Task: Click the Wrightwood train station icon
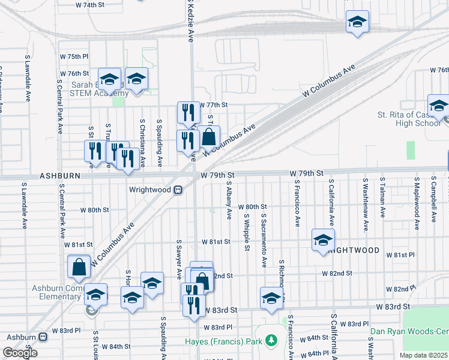pos(178,190)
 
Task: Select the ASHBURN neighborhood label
pos(59,177)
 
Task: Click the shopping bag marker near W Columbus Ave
pos(209,137)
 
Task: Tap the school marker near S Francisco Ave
pos(323,240)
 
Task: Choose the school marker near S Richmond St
pos(271,298)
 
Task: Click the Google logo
pos(20,353)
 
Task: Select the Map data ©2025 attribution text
pos(424,355)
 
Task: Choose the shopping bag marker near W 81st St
pos(79,267)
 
